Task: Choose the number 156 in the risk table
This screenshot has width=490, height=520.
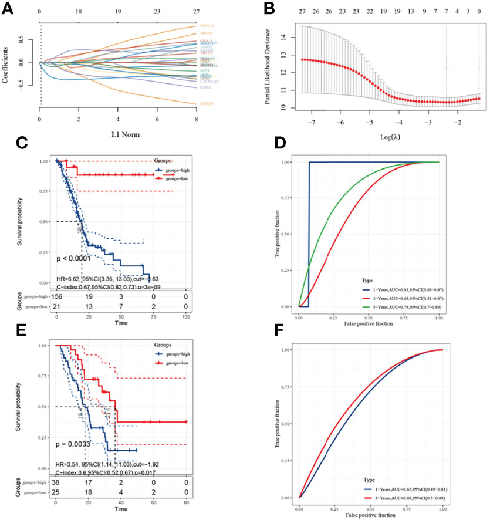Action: pyautogui.click(x=58, y=299)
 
